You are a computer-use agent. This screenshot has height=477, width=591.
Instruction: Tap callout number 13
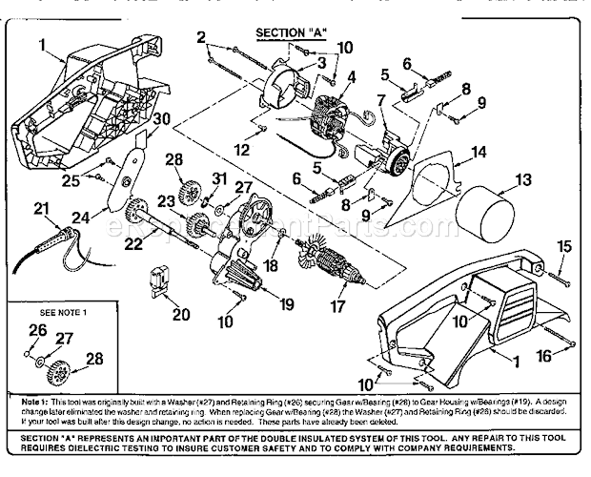coord(523,178)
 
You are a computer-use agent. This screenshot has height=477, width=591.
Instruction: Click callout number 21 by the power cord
coord(40,208)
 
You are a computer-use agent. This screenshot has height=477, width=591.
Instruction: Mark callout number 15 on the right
coord(562,246)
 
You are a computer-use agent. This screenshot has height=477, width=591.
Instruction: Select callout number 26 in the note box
coord(38,331)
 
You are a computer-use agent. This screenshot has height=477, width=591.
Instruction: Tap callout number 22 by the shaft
coord(132,245)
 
